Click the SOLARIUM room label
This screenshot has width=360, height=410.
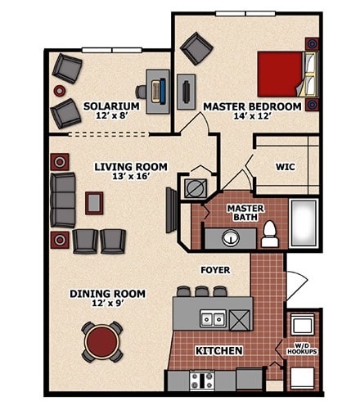coord(111,106)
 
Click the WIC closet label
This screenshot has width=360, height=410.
coord(285,166)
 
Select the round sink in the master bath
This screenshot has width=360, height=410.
coord(230,239)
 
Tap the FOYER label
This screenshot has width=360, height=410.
coord(215,269)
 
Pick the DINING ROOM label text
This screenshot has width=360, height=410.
coord(107,294)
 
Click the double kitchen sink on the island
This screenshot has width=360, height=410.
coord(214,319)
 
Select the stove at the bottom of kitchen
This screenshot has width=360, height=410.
coord(201,380)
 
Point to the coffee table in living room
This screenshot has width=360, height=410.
coord(95,202)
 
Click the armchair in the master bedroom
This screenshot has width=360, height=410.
coord(196,48)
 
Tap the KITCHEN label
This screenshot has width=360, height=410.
coord(218,351)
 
